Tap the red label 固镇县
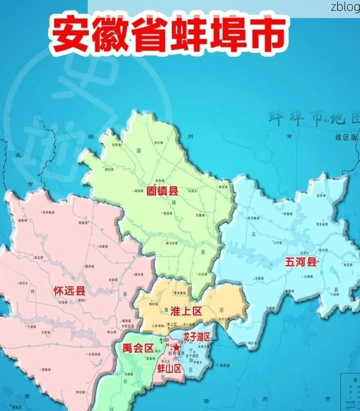click(162, 191)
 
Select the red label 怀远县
click(68, 290)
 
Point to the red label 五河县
click(300, 262)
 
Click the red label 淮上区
click(186, 311)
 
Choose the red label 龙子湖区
click(197, 336)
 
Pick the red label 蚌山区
click(170, 369)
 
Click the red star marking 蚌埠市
click(177, 348)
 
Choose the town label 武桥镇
click(321, 195)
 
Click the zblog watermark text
click(345, 6)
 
